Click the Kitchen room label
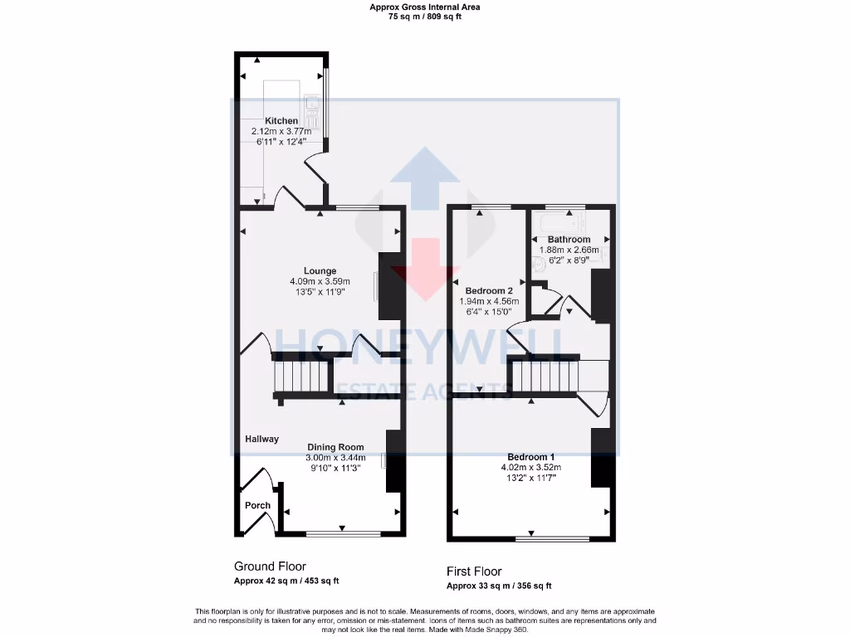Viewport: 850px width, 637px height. (x=281, y=121)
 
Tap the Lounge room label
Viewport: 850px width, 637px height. (x=320, y=271)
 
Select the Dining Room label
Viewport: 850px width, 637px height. (x=335, y=447)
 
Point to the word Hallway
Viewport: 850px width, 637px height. (x=261, y=439)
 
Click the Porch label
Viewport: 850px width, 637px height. (x=257, y=505)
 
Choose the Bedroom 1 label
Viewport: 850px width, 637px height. (x=531, y=457)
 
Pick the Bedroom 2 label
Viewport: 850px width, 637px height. (x=489, y=291)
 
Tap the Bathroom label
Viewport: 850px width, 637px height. (x=569, y=240)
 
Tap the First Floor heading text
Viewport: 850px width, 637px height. (x=474, y=571)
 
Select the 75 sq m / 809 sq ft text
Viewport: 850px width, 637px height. (x=424, y=16)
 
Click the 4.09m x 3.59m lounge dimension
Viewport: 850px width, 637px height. (x=320, y=281)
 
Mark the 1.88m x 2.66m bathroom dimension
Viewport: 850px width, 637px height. (x=569, y=250)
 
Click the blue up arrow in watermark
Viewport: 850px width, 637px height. (x=424, y=175)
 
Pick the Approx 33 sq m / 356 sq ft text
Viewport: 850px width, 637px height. (x=499, y=586)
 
